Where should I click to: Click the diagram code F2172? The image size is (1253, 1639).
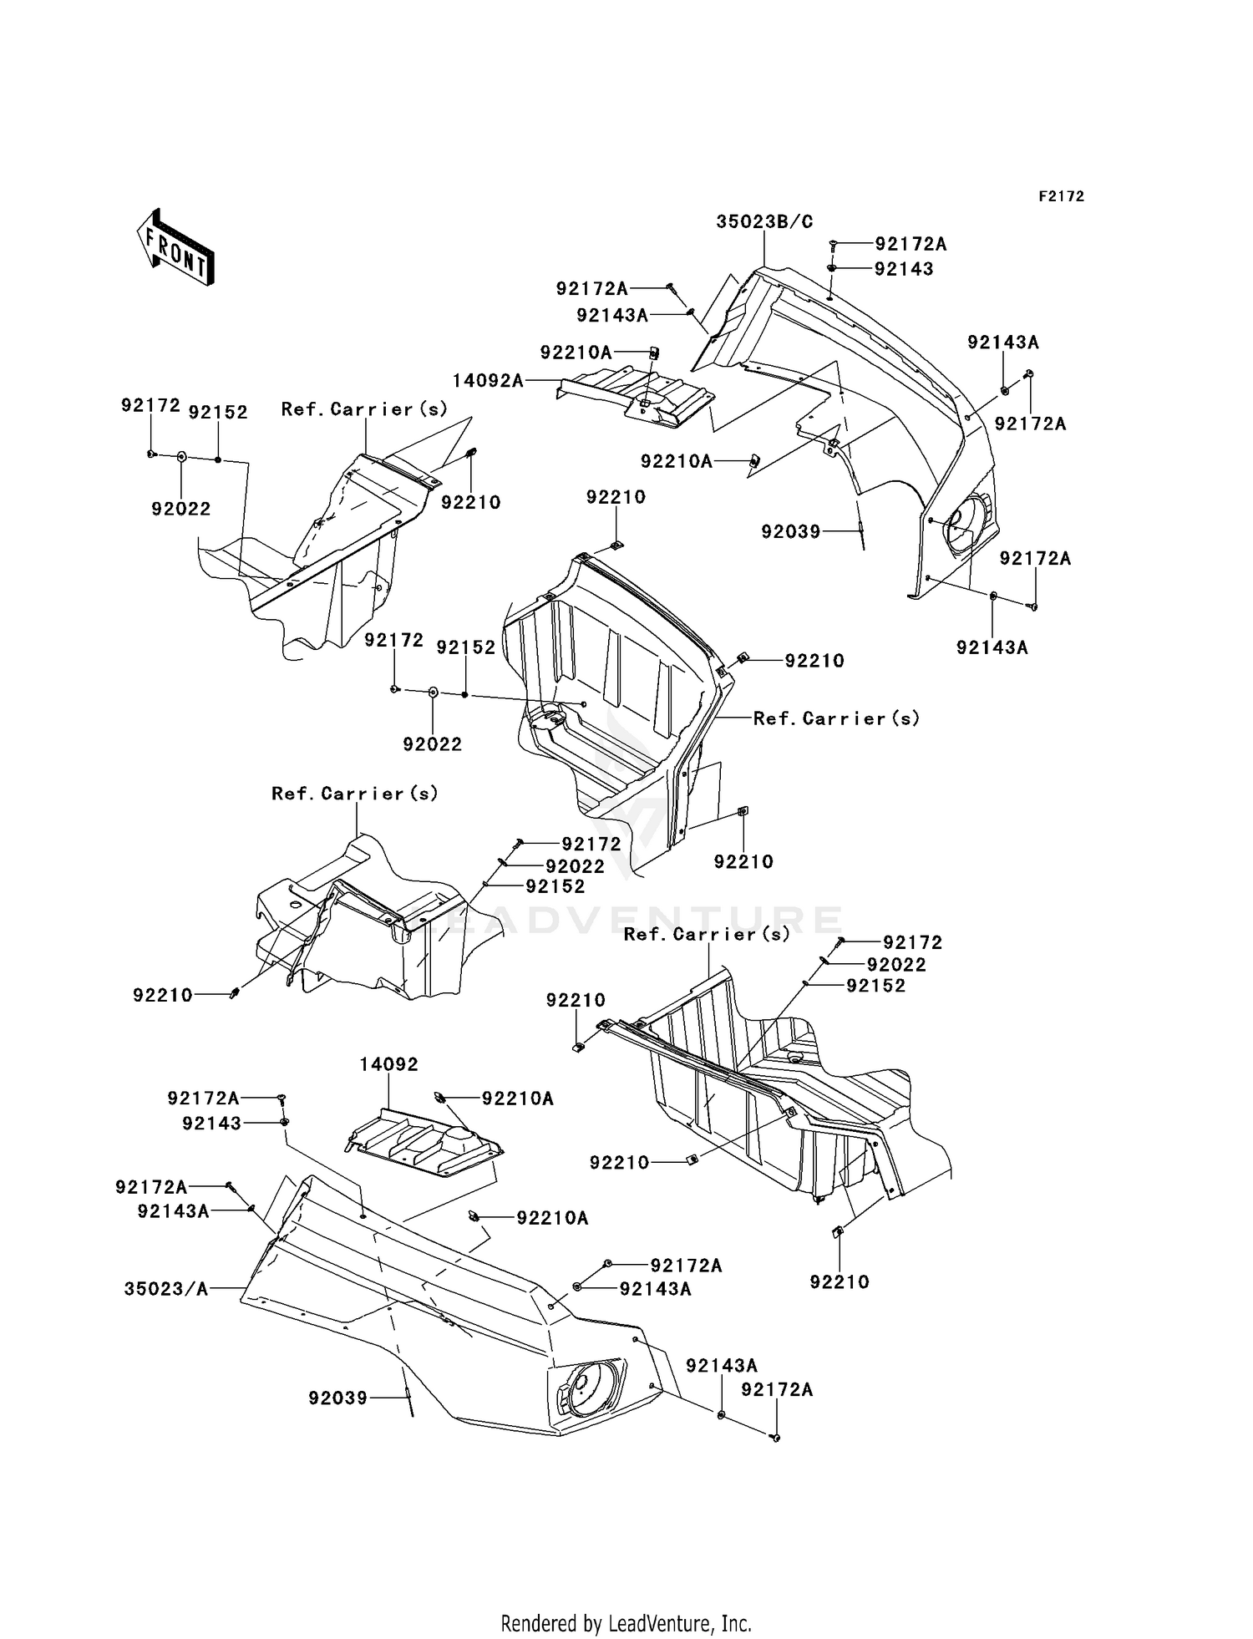click(1061, 196)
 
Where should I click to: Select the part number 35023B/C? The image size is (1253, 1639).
click(764, 221)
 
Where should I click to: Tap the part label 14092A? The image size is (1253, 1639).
click(488, 381)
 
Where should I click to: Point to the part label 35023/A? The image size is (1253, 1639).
click(166, 1289)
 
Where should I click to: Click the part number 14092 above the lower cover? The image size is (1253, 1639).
click(389, 1065)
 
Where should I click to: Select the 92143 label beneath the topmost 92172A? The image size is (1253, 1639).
click(904, 269)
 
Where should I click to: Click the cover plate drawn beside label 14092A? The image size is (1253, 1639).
click(639, 397)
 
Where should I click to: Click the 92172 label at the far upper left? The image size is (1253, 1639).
click(150, 405)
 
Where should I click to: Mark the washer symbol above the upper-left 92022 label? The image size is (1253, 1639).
click(181, 456)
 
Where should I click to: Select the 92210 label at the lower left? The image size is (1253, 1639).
click(162, 995)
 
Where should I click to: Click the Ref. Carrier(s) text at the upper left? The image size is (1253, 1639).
click(364, 409)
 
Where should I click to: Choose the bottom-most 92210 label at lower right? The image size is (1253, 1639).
click(839, 1281)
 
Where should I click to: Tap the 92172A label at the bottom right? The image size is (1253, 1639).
click(777, 1389)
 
